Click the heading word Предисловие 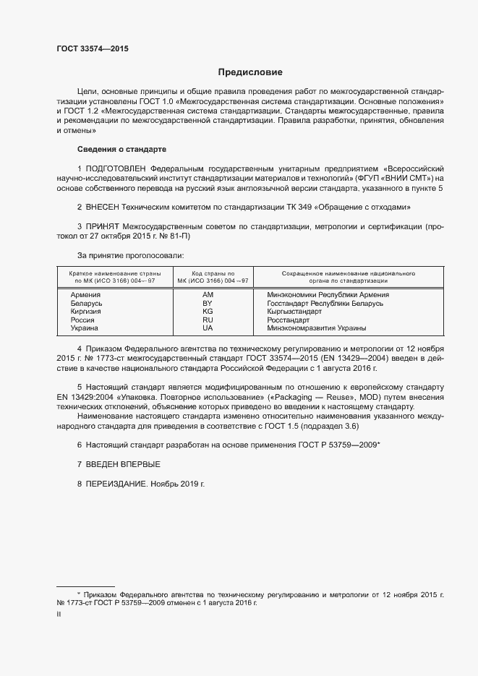(251, 72)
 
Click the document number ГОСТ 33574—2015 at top (93, 48)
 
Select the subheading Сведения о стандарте (121, 149)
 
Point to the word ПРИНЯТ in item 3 (104, 226)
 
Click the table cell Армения (85, 295)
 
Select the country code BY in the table (208, 304)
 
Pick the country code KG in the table (208, 312)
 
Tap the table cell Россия (82, 320)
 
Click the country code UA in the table (208, 328)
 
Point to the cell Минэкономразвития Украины (316, 328)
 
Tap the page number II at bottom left (59, 614)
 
